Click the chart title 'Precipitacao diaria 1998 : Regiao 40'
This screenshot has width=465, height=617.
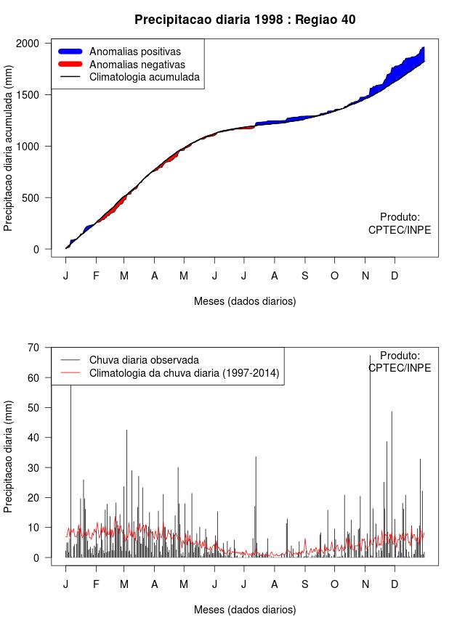click(245, 20)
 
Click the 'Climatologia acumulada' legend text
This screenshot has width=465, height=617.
click(144, 77)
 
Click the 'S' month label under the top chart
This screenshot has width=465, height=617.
click(305, 276)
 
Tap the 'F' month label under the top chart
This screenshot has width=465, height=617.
click(95, 276)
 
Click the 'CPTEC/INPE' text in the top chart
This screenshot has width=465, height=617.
click(400, 230)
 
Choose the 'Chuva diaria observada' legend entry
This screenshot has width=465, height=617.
click(144, 359)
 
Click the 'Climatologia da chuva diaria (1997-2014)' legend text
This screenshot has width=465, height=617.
click(184, 373)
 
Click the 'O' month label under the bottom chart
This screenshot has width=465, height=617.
click(334, 584)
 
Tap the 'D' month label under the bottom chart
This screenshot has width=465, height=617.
click(395, 584)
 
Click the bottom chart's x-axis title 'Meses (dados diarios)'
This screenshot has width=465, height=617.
click(245, 610)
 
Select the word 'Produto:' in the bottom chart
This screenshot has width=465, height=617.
click(400, 356)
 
